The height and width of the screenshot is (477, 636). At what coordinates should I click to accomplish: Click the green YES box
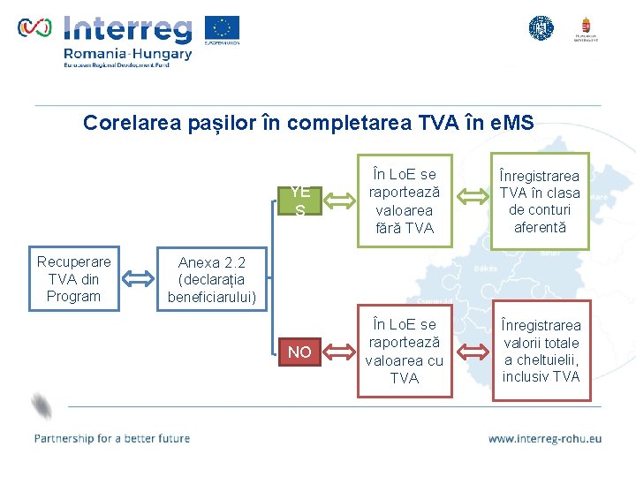point(299,201)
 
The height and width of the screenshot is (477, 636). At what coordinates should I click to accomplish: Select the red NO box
point(299,352)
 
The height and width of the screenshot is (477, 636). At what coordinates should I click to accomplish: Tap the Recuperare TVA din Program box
point(73,279)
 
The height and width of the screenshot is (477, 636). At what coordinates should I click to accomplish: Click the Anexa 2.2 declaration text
point(212,280)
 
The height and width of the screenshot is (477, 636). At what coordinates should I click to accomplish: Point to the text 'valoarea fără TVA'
point(404,219)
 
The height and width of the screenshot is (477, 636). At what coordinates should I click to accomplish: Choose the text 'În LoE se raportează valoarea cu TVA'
point(404,351)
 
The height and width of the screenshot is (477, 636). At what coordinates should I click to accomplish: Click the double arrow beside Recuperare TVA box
point(138,279)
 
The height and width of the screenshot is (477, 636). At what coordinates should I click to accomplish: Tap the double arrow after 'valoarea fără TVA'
point(474,201)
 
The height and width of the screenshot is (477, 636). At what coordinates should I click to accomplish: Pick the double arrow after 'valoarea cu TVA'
point(474,352)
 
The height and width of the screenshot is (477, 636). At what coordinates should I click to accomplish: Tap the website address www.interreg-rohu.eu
point(544,438)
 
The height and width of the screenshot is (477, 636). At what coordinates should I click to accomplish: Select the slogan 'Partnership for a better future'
point(111,438)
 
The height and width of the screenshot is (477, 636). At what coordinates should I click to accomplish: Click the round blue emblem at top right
point(541,28)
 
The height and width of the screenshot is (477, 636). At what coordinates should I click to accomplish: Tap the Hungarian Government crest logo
point(584,29)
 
